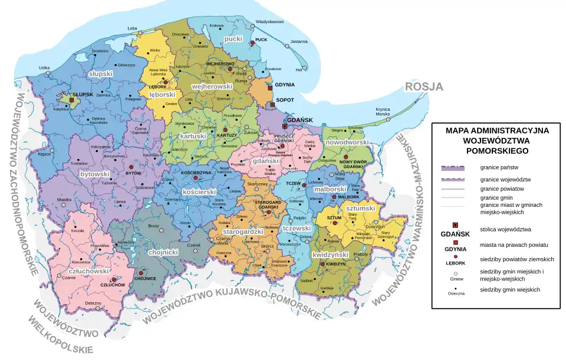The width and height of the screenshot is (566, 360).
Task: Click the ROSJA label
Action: point(423,87)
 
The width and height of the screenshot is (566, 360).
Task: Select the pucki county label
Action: point(233,39)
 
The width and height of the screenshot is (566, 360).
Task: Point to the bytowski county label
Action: point(95,174)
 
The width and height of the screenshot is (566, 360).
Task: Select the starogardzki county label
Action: point(243,232)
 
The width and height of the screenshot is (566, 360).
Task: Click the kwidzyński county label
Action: point(332,255)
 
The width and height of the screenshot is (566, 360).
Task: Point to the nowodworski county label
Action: point(347,143)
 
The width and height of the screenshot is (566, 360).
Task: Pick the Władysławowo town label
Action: point(269,22)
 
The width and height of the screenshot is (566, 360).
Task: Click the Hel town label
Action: point(298,70)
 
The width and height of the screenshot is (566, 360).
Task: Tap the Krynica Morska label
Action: point(383,111)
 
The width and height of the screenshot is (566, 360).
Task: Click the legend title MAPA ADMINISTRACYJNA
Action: point(497,130)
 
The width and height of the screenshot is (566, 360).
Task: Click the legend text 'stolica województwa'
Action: point(506,229)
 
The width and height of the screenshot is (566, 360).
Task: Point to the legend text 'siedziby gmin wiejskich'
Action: point(509,289)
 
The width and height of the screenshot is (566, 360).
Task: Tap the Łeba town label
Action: point(132,28)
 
